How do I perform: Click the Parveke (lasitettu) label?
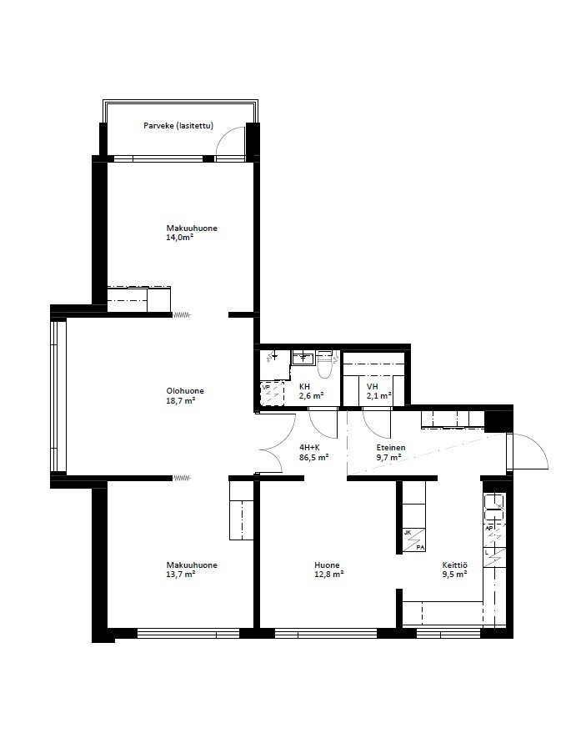click(x=178, y=126)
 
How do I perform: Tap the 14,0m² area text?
click(x=179, y=237)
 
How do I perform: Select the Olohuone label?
click(x=185, y=391)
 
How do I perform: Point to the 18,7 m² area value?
click(x=180, y=400)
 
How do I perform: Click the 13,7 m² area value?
click(x=180, y=575)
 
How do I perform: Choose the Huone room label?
click(x=327, y=565)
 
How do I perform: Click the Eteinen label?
click(x=391, y=448)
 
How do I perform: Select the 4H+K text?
click(x=309, y=448)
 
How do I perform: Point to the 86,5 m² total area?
click(x=313, y=458)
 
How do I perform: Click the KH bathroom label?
click(x=304, y=387)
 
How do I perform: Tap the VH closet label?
click(x=372, y=387)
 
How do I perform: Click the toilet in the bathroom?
click(x=325, y=364)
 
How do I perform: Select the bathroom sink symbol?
click(x=303, y=358)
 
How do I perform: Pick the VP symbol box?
click(x=272, y=394)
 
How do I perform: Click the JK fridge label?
click(x=408, y=533)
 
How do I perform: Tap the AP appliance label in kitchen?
click(x=489, y=528)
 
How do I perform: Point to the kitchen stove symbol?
click(x=494, y=507)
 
